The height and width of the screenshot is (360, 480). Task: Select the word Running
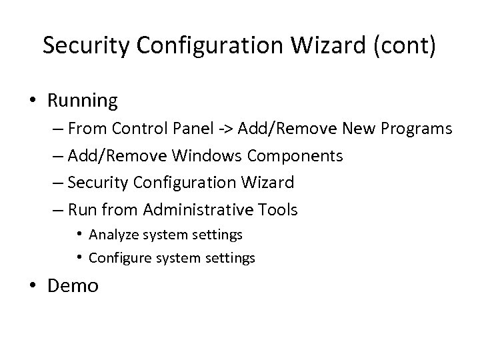tap(82, 101)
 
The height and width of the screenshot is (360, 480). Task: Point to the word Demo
tap(73, 287)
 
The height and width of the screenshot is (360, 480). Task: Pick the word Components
tap(295, 156)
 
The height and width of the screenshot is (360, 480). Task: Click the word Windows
tap(207, 156)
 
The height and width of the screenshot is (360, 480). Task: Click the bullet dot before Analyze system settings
tap(79, 235)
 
